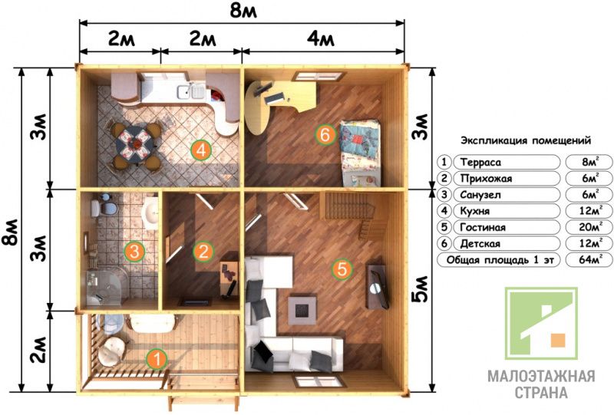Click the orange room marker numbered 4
(x=201, y=150)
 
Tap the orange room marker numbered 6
(x=325, y=135)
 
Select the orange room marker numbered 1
(x=157, y=359)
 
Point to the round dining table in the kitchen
(x=135, y=143)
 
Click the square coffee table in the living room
(x=302, y=310)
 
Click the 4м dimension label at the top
(x=320, y=40)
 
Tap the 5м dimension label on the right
(x=420, y=289)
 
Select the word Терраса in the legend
(x=480, y=162)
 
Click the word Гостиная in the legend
(x=483, y=227)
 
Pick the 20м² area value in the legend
(x=590, y=227)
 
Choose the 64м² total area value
(x=590, y=259)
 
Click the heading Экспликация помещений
(x=526, y=140)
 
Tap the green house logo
(x=541, y=324)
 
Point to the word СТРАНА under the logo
(x=541, y=392)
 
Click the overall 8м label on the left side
(x=10, y=232)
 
